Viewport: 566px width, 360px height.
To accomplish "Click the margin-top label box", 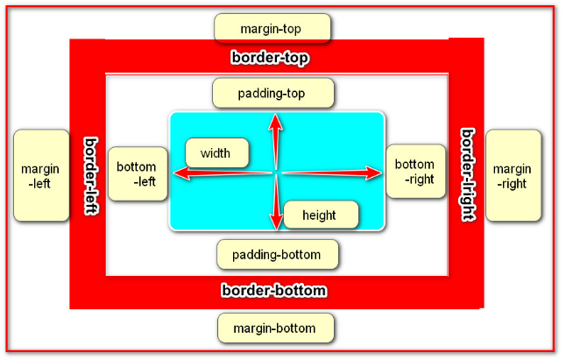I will point(272,28).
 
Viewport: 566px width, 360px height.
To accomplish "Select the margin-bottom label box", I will point(276,328).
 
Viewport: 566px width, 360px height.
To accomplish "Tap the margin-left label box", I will point(41,175).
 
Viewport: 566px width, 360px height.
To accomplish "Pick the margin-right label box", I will point(513,175).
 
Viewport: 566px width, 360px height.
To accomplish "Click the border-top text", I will point(272,58).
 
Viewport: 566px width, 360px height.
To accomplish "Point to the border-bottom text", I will point(274,291).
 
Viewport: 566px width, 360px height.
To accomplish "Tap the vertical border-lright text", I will point(468,175).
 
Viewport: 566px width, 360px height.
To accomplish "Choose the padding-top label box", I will point(273,92).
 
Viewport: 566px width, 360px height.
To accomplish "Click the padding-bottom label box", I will point(277,255).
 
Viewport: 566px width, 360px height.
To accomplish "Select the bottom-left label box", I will point(137,174).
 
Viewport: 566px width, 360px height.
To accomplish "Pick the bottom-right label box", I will point(414,172).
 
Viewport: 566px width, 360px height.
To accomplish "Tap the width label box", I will point(216,154).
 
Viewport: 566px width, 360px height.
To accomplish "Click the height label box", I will point(320,215).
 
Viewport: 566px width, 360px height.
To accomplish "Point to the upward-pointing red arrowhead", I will point(275,123).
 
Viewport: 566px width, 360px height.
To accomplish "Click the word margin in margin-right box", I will point(511,167).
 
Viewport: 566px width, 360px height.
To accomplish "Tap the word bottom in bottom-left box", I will point(136,166).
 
